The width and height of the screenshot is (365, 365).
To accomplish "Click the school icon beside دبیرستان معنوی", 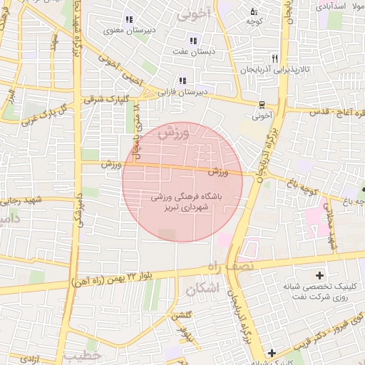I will (x=129, y=19).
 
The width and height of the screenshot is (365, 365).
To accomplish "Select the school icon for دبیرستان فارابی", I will (x=182, y=81).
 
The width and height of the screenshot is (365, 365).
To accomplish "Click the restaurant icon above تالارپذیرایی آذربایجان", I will (x=275, y=58).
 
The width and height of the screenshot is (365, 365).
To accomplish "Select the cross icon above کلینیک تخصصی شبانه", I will (x=319, y=275).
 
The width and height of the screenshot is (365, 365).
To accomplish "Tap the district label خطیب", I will (x=83, y=354).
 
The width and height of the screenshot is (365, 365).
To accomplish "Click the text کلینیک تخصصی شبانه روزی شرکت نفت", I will (x=319, y=292).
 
